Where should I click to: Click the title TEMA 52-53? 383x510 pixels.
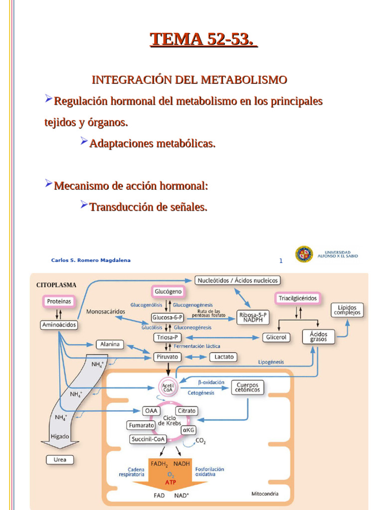[203, 39]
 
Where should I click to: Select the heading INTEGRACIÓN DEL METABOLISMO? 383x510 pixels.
[190, 80]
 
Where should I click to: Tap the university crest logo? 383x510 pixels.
[304, 254]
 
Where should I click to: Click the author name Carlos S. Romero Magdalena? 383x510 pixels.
[91, 260]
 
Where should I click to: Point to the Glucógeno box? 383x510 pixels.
[168, 291]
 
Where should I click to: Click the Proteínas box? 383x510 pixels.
[59, 301]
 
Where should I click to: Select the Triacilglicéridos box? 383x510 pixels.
[297, 298]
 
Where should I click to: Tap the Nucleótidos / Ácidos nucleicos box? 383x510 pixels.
[238, 280]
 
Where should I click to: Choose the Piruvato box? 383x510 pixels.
[168, 357]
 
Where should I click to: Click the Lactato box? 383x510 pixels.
[222, 357]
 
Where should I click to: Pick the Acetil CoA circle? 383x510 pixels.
[168, 386]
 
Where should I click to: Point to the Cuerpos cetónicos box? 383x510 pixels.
[248, 387]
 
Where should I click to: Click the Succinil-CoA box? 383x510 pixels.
[148, 439]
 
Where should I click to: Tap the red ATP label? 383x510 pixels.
[171, 482]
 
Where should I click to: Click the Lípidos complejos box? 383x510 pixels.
[347, 309]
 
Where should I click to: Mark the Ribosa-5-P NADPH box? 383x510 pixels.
[254, 317]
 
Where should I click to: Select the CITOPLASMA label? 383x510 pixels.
[56, 285]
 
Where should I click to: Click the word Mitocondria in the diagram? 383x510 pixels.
[265, 495]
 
